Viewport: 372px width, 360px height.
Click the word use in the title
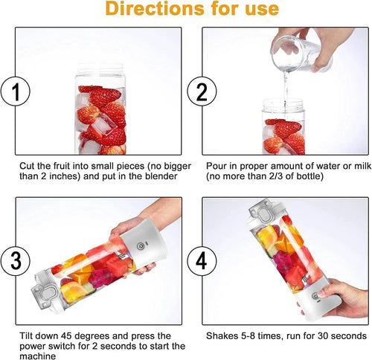261,10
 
